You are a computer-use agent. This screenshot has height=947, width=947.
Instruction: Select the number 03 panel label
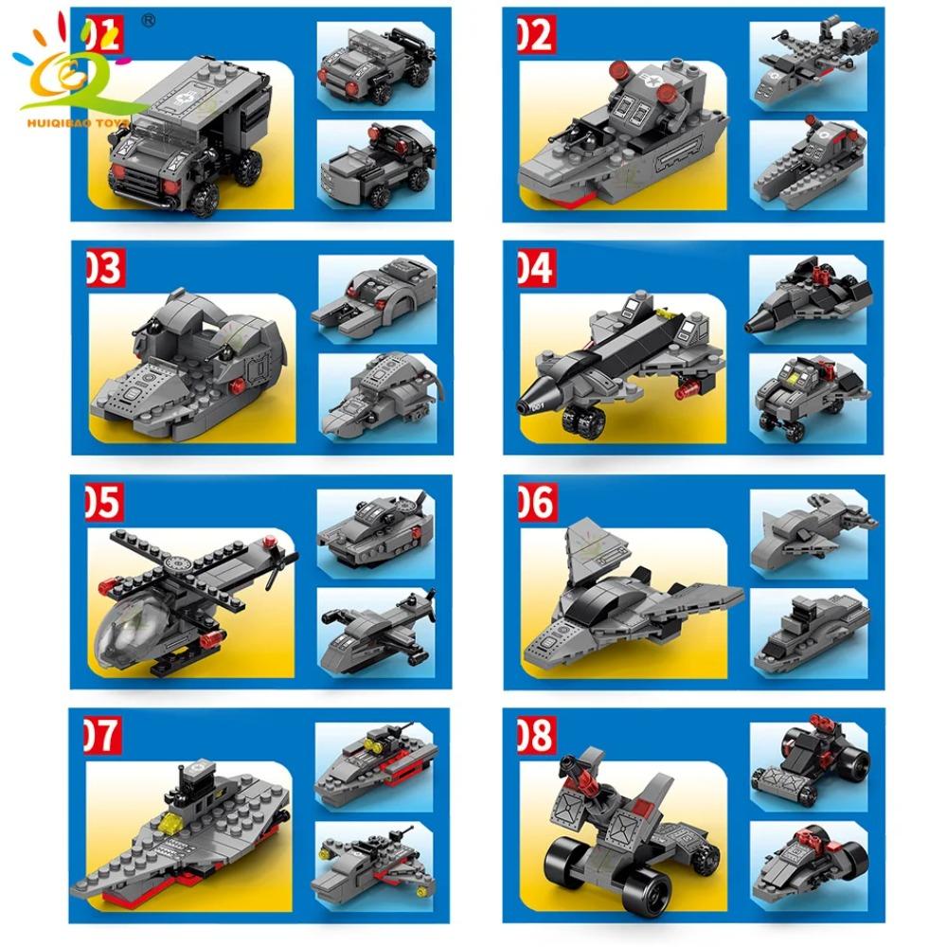103,268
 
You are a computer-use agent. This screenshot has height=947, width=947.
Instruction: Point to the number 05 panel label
103,502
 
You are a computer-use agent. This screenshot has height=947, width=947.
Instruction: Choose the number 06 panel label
535,502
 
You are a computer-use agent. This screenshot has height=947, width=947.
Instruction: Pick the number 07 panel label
103,735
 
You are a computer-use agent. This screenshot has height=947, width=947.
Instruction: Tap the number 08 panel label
535,735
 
